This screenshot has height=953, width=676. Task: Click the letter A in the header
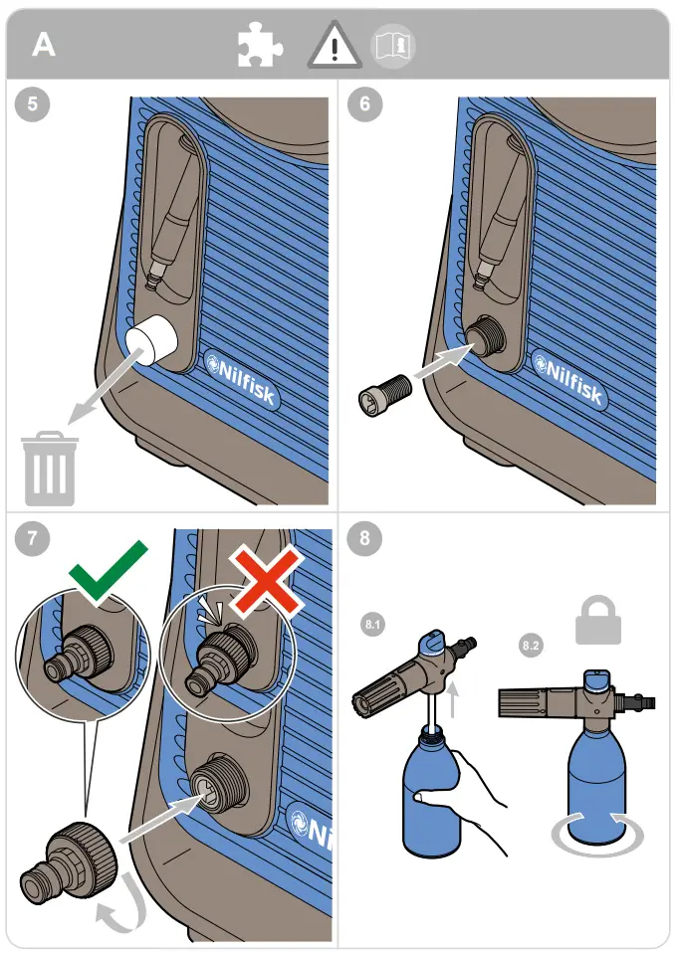pyautogui.click(x=44, y=45)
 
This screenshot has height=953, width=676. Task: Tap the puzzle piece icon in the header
pyautogui.click(x=259, y=46)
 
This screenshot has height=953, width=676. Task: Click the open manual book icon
pyautogui.click(x=393, y=46)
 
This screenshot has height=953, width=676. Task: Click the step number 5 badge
pyautogui.click(x=34, y=106)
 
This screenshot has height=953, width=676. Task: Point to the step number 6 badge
pyautogui.click(x=365, y=106)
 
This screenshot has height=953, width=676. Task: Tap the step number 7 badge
pyautogui.click(x=34, y=538)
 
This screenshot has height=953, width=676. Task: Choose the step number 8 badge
pyautogui.click(x=365, y=538)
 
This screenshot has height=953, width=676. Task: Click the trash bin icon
pyautogui.click(x=49, y=468)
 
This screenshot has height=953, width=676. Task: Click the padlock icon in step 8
pyautogui.click(x=598, y=621)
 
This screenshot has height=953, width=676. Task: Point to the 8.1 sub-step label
pyautogui.click(x=372, y=625)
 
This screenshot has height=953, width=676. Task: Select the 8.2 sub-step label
pyautogui.click(x=532, y=647)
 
